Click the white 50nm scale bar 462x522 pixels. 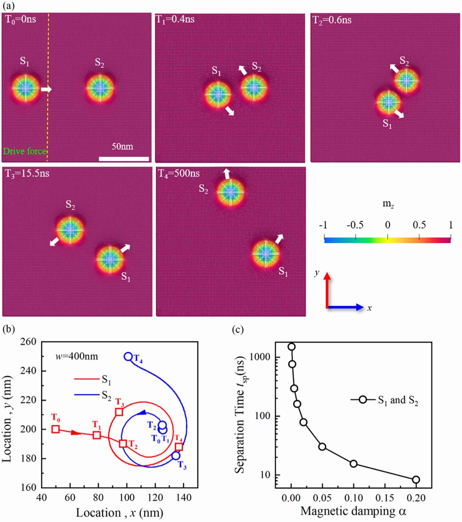[124, 159]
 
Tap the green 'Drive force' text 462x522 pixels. [24, 151]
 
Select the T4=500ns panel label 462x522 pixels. [179, 174]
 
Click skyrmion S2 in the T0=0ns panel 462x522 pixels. [100, 87]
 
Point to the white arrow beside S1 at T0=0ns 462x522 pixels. [46, 89]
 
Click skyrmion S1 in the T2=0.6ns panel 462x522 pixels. [388, 102]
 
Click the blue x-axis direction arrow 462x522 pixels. [346, 307]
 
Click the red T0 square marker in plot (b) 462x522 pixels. [55, 429]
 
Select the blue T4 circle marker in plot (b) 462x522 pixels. [128, 356]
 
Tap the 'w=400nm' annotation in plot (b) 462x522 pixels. [77, 357]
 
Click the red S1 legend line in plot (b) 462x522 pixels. [87, 379]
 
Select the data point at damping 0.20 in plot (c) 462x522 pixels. [416, 480]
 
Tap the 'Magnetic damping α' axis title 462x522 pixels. [353, 511]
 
